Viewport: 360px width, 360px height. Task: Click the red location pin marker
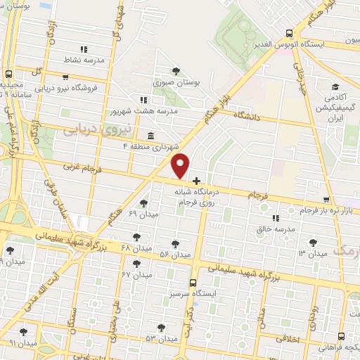181,165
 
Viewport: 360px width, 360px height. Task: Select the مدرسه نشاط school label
84,60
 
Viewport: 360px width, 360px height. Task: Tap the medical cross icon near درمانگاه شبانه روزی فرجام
196,181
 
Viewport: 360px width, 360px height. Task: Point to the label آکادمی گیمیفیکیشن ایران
333,108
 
